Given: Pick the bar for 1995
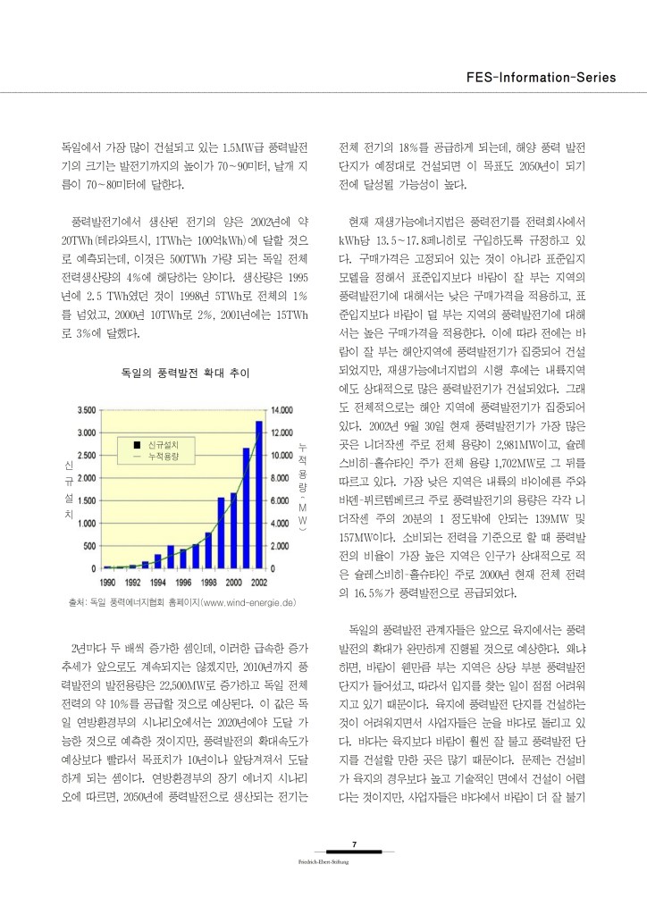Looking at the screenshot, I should [x=170, y=557].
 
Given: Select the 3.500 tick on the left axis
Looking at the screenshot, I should [x=87, y=409].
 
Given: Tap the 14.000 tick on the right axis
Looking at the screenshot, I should [x=282, y=409].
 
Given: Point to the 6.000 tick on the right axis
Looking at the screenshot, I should [x=282, y=500].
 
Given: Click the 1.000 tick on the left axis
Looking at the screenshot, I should [x=87, y=523].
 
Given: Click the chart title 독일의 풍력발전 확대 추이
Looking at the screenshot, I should [x=185, y=370].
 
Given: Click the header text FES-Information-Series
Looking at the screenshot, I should [x=542, y=77].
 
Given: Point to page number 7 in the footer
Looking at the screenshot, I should [x=355, y=844].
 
